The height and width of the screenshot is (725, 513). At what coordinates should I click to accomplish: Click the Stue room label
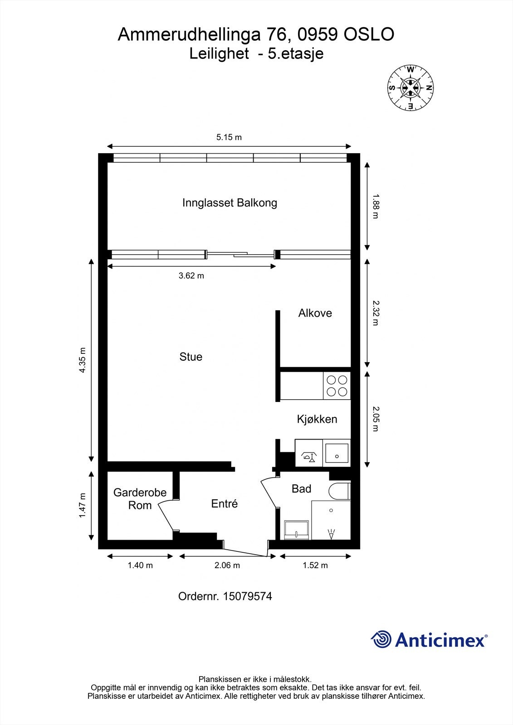pyautogui.click(x=191, y=357)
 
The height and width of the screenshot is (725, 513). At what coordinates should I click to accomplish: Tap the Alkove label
pyautogui.click(x=315, y=313)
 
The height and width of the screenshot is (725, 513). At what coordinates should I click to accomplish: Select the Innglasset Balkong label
pyautogui.click(x=230, y=203)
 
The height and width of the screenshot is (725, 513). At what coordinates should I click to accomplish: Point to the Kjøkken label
pyautogui.click(x=317, y=419)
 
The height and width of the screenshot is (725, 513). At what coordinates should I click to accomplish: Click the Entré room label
pyautogui.click(x=224, y=503)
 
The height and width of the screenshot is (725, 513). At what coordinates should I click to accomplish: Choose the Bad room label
pyautogui.click(x=301, y=489)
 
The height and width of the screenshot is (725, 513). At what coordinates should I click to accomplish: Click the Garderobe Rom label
pyautogui.click(x=140, y=499)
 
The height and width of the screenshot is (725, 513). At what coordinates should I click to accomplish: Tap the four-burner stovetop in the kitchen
pyautogui.click(x=337, y=386)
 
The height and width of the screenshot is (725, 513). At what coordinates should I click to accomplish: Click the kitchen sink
pyautogui.click(x=337, y=453)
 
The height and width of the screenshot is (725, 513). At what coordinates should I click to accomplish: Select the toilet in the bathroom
pyautogui.click(x=339, y=491)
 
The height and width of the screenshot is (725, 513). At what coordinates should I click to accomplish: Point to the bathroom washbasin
pyautogui.click(x=296, y=530)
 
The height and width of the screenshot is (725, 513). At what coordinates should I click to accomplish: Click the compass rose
pyautogui.click(x=410, y=88)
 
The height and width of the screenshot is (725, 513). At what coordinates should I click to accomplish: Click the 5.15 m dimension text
pyautogui.click(x=229, y=137)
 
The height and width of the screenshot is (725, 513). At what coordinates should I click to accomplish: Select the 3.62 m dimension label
pyautogui.click(x=191, y=276)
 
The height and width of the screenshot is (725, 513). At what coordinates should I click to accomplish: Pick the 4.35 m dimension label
pyautogui.click(x=82, y=360)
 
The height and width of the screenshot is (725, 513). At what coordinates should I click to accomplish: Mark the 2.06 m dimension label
pyautogui.click(x=227, y=565)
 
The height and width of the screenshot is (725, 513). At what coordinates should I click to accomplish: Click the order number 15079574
pyautogui.click(x=247, y=596)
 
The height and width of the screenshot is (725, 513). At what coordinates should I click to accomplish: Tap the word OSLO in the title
pyautogui.click(x=368, y=34)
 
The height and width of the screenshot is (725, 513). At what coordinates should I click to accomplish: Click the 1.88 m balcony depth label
pyautogui.click(x=375, y=206)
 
